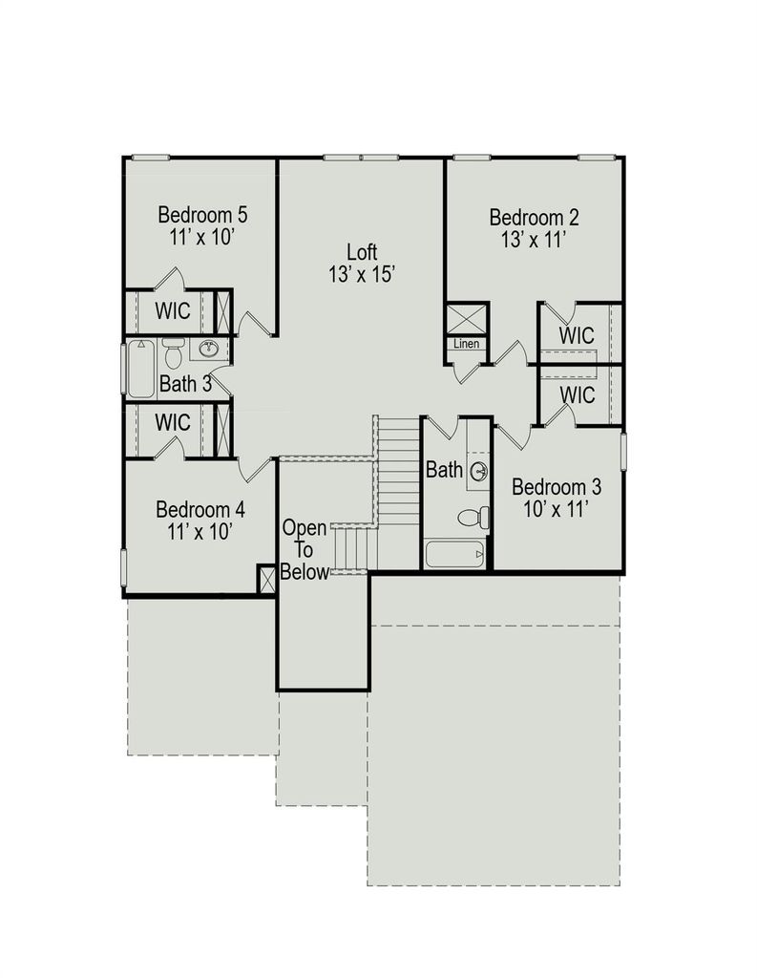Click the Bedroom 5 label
202,215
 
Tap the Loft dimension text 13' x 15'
363,274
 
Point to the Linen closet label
467,344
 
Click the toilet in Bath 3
173,353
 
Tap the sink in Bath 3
209,350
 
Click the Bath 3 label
185,384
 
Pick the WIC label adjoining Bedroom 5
173,310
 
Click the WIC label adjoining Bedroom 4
173,422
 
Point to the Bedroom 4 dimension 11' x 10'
200,532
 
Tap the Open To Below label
305,549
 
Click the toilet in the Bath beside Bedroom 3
473,517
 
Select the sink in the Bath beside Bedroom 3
479,471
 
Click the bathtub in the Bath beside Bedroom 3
454,555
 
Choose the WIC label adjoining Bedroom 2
577,335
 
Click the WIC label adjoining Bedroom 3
578,394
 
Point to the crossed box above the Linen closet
467,319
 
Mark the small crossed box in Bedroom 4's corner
267,580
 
